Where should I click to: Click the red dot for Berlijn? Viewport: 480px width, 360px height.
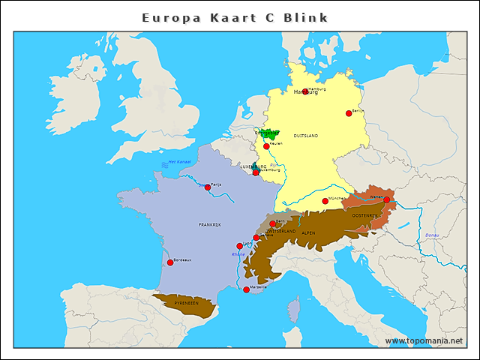(349, 113)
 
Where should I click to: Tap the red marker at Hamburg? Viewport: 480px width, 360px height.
(305, 91)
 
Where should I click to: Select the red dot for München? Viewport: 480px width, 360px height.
(325, 201)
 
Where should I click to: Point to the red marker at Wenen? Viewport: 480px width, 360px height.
(386, 199)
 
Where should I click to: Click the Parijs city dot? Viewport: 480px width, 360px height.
(208, 187)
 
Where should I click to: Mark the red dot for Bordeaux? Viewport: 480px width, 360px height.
(170, 262)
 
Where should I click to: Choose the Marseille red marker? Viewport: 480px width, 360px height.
(246, 289)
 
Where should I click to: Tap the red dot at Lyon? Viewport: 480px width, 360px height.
(240, 246)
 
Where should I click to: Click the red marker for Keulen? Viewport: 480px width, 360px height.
(266, 146)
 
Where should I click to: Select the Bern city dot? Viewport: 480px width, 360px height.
(273, 223)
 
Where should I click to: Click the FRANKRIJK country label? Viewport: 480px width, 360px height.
(210, 224)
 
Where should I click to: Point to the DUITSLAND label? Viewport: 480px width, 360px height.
(305, 136)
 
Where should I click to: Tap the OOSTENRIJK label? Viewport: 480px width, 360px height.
(364, 215)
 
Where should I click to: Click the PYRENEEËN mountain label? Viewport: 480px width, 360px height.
(186, 302)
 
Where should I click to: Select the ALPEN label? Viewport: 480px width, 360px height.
(308, 232)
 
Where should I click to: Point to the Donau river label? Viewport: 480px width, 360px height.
(432, 235)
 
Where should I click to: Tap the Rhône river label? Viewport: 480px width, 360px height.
(238, 254)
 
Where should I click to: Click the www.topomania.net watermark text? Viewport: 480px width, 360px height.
(424, 340)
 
